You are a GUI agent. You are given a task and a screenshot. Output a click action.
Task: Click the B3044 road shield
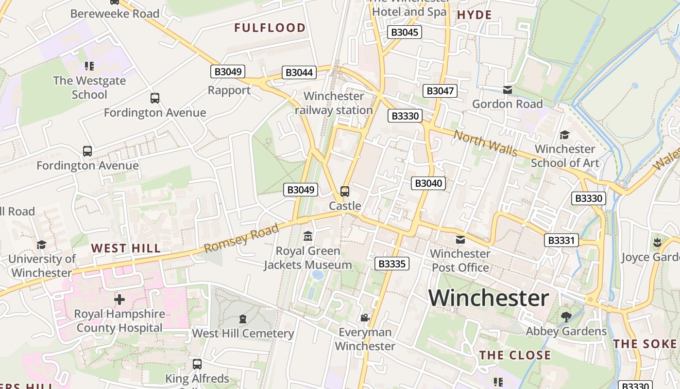[299, 73]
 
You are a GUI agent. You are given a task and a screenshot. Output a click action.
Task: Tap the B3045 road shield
[405, 33]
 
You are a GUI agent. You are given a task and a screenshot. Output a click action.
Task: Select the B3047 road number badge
[440, 91]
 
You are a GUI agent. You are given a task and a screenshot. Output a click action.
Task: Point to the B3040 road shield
[428, 183]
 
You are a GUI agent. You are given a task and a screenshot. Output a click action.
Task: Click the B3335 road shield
[392, 264]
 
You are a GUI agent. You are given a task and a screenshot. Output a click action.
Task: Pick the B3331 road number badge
[561, 240]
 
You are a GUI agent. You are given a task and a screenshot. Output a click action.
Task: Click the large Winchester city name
[489, 298]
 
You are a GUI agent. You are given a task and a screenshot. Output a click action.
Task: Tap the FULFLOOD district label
[270, 28]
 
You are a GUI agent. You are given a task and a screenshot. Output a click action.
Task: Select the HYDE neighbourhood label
[475, 15]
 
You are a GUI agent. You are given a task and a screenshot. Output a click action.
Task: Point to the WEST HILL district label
[126, 248]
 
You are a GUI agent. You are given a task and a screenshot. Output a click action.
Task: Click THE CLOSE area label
[515, 355]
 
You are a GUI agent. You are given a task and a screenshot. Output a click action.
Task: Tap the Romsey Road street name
[241, 238]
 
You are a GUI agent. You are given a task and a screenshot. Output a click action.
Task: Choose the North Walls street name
[485, 143]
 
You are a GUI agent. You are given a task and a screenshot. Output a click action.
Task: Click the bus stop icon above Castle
[345, 192]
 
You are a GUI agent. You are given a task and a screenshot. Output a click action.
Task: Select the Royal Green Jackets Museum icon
[307, 237]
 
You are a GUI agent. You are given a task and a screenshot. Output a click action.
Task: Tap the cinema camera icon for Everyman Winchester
[365, 318]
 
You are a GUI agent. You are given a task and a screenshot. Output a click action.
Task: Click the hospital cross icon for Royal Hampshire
[119, 299]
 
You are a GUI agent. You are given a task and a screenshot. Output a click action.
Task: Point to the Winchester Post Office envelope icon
[460, 240]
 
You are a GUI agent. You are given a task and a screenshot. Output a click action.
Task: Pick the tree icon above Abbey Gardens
[566, 317]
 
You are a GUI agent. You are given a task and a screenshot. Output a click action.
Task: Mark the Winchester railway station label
[334, 103]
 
